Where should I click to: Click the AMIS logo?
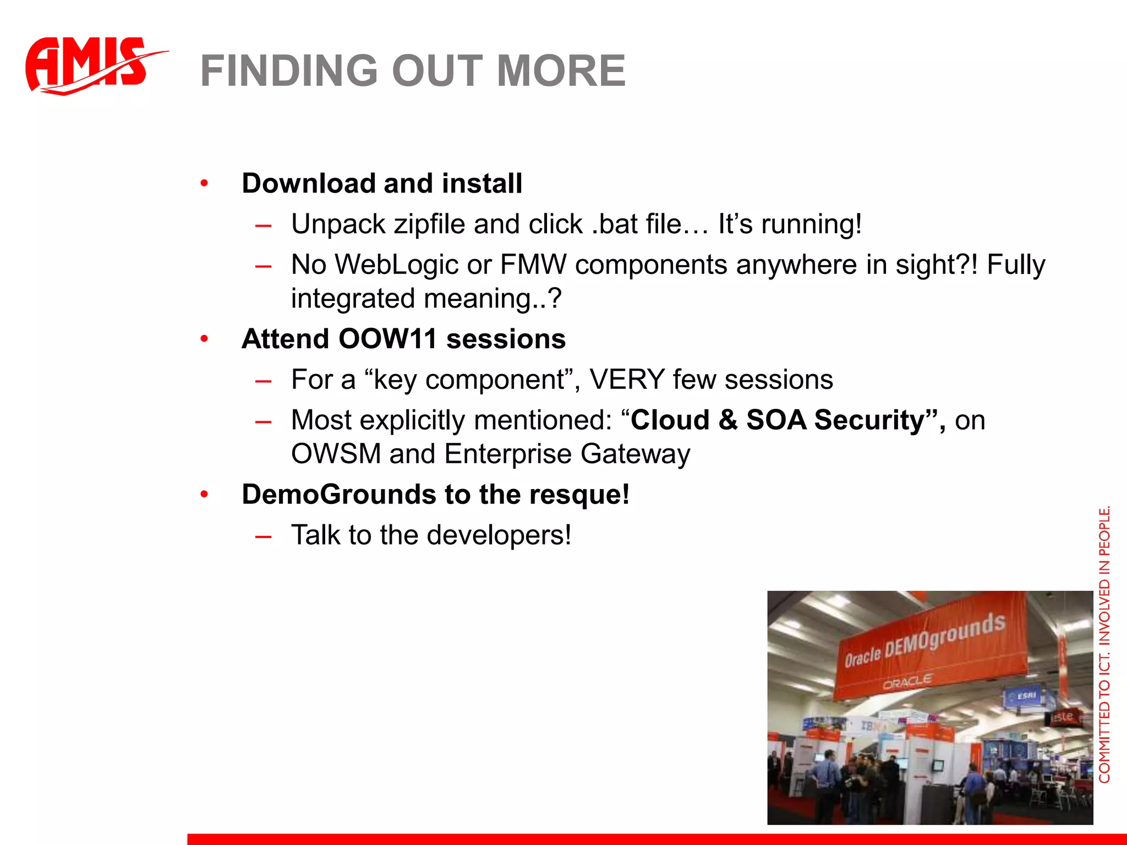tap(91, 65)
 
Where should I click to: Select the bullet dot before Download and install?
tap(204, 183)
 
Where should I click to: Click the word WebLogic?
tap(396, 265)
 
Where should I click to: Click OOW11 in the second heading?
tap(387, 339)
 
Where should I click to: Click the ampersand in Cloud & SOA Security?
tap(727, 420)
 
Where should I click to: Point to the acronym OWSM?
tap(336, 454)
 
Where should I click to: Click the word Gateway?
tap(635, 454)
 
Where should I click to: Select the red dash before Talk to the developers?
tap(264, 536)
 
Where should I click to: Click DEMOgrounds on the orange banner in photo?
tap(944, 638)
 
